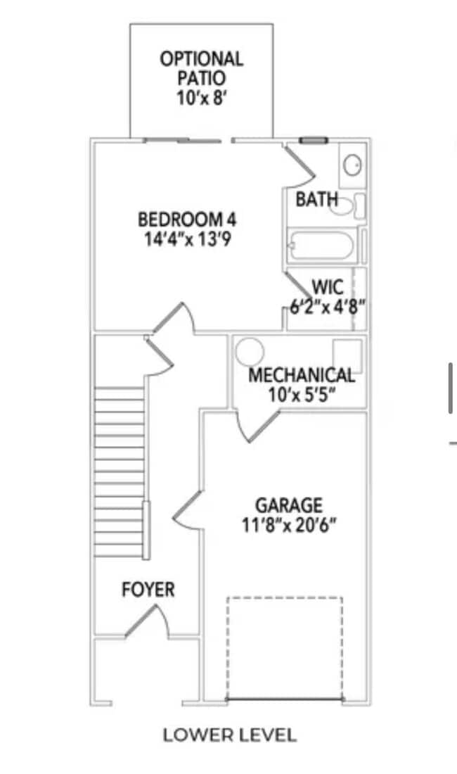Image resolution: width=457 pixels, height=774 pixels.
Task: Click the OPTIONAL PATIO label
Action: [x=202, y=68]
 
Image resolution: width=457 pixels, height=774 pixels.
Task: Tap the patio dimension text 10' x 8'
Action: [x=202, y=97]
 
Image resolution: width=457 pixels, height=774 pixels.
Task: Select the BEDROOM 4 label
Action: [x=187, y=219]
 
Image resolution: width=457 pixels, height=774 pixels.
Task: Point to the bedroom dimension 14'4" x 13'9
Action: [x=188, y=239]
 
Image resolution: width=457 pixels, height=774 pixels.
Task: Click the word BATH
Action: [x=316, y=199]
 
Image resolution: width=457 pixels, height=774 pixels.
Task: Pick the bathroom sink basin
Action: [x=352, y=165]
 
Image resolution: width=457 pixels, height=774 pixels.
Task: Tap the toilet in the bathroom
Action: [x=347, y=206]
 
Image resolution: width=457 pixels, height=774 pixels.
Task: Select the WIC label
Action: [x=328, y=287]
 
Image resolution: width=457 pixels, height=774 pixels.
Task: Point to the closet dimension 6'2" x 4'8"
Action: [x=327, y=307]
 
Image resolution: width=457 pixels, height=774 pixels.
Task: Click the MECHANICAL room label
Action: [x=302, y=375]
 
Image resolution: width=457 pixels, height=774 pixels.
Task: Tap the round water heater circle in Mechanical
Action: [x=250, y=352]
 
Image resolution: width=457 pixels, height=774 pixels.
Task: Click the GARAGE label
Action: [x=289, y=505]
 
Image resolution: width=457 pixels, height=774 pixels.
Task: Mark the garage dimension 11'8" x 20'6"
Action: [x=289, y=525]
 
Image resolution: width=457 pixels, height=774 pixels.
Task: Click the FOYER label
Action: [x=148, y=590]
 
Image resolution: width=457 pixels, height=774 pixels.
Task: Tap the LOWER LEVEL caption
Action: [x=230, y=735]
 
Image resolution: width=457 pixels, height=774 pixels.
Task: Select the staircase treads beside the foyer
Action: [x=120, y=472]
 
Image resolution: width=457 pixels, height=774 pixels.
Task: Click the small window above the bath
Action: [x=314, y=141]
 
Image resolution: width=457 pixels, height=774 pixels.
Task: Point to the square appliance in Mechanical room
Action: [x=347, y=355]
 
